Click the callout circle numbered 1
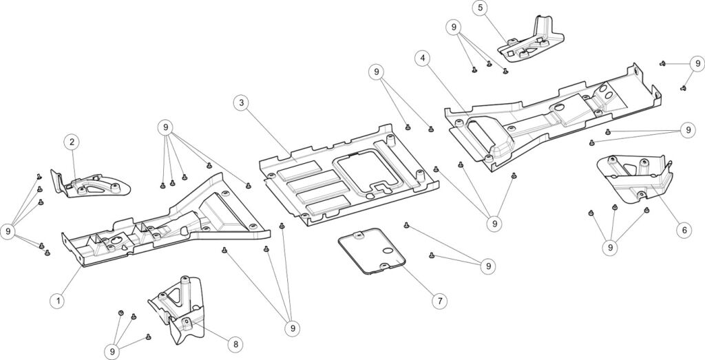[59, 300]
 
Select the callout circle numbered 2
[72, 142]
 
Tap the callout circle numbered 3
[240, 103]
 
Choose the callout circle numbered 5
[480, 8]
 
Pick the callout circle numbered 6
[684, 230]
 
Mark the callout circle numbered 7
[439, 301]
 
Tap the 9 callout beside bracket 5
[453, 28]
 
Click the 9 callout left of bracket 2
[8, 231]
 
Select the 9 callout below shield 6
[609, 246]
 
